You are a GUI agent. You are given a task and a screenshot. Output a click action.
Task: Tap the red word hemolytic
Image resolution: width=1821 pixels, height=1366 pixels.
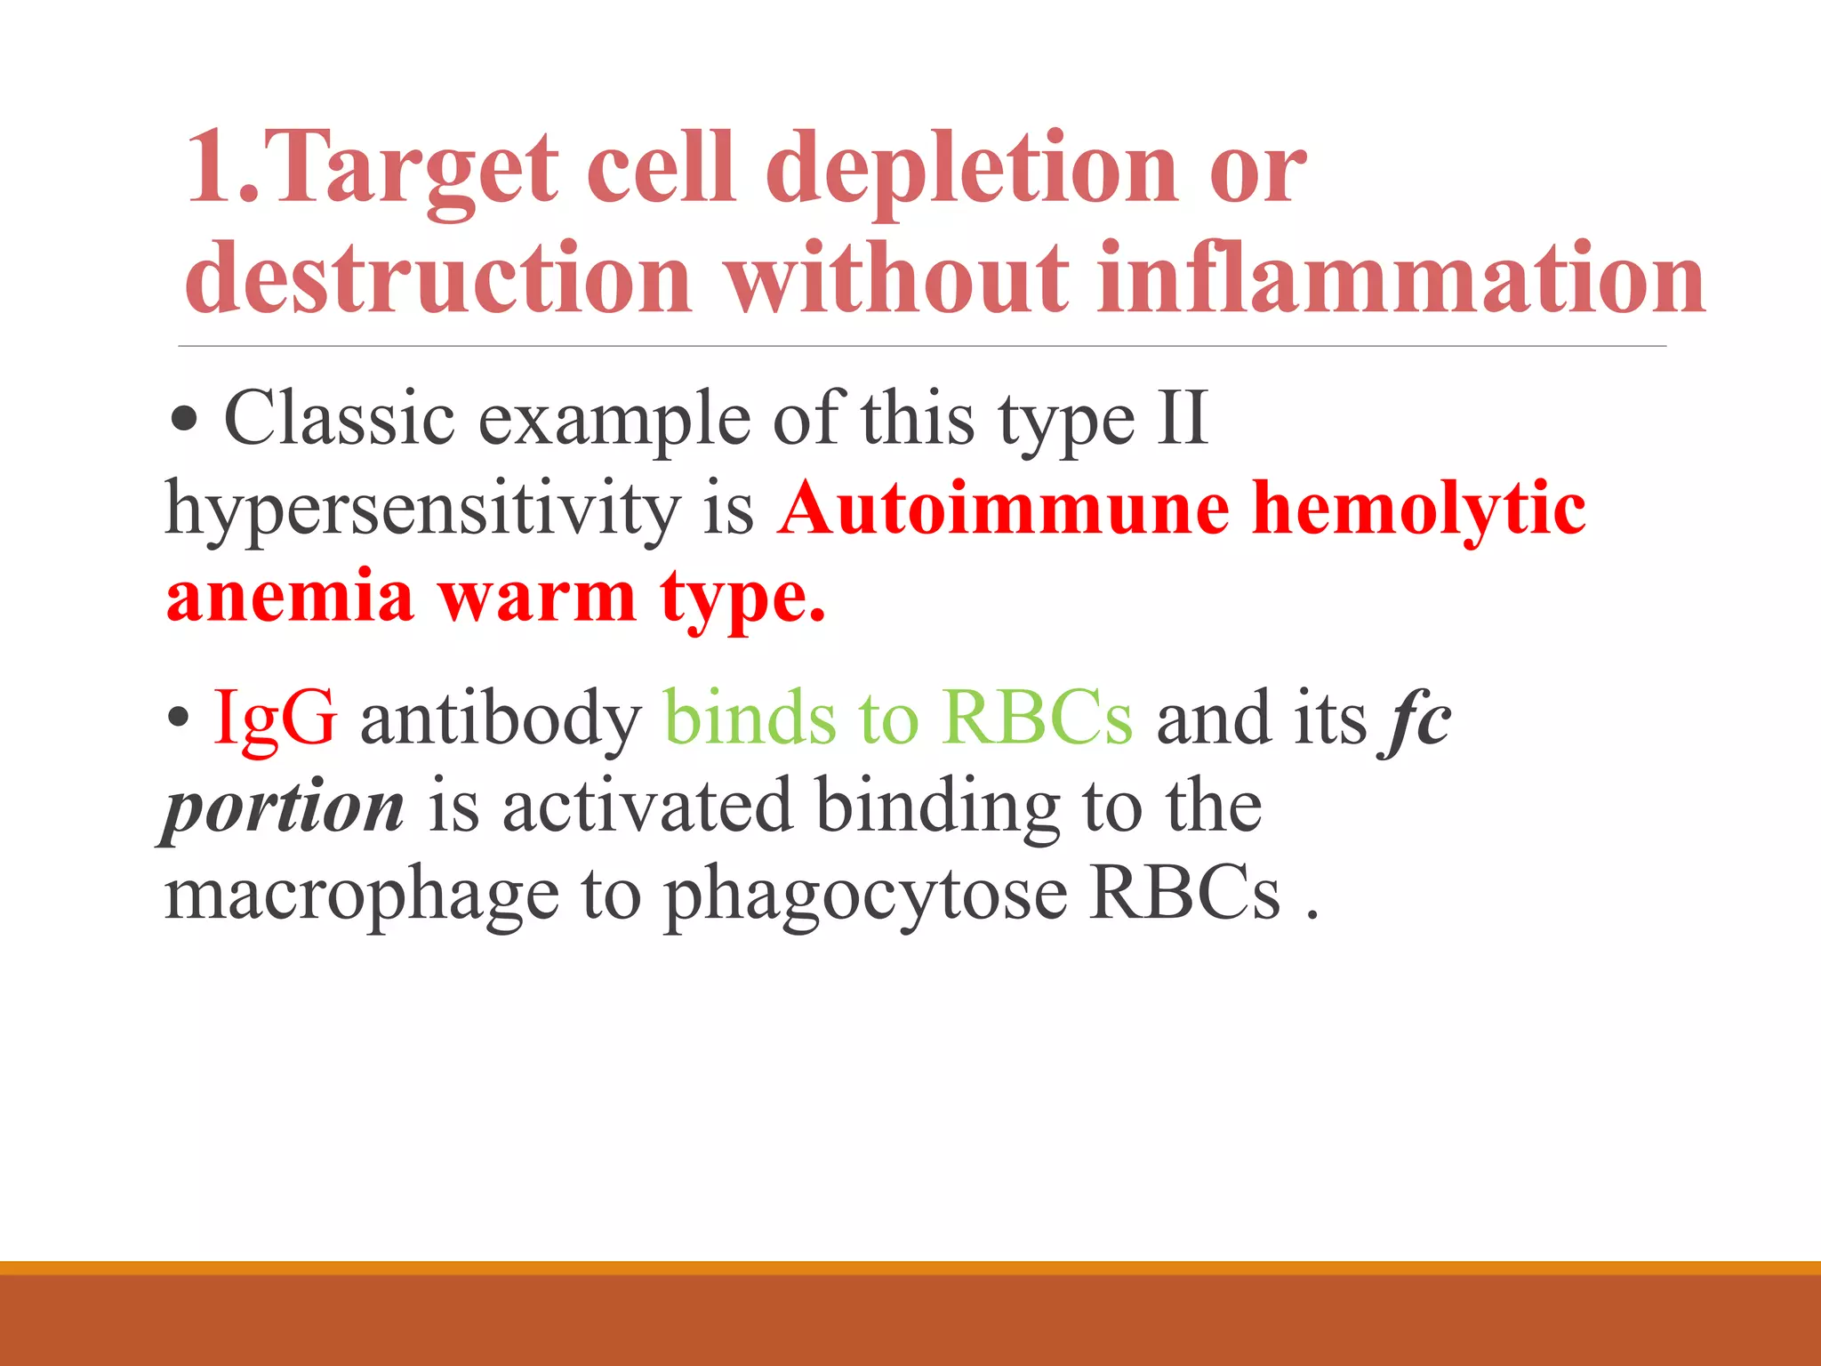click(1419, 509)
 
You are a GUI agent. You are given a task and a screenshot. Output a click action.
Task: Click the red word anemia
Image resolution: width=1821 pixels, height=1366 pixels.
click(290, 598)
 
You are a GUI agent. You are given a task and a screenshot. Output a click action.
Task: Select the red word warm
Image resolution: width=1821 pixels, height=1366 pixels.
click(537, 598)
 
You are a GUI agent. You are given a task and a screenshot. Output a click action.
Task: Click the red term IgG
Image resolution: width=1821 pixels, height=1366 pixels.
click(275, 719)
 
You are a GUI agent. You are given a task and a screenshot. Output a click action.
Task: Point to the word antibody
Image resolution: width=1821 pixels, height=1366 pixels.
click(501, 719)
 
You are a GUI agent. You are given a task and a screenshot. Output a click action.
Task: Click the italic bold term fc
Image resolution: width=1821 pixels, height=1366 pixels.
click(1416, 719)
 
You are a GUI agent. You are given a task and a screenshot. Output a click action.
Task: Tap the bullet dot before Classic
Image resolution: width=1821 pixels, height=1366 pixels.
click(184, 420)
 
